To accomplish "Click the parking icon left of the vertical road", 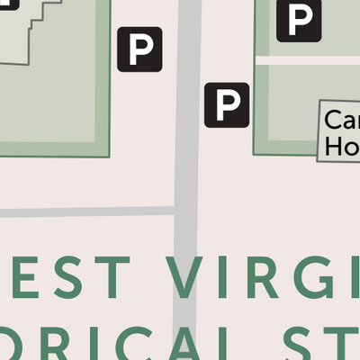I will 139,49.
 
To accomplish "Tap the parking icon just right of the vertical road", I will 226,104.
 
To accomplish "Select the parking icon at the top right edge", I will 299,19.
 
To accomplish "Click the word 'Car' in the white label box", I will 341,121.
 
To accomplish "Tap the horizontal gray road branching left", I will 85,212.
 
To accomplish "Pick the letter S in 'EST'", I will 74,278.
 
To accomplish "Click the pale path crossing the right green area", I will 306,60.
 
